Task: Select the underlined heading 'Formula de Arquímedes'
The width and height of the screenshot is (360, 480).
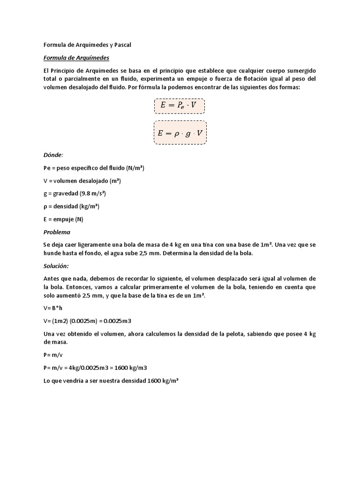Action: pyautogui.click(x=76, y=58)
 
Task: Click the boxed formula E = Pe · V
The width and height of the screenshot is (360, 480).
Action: pyautogui.click(x=179, y=105)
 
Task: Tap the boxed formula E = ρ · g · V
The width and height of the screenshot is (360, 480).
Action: pyautogui.click(x=180, y=133)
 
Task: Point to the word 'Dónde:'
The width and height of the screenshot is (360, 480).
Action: pyautogui.click(x=53, y=155)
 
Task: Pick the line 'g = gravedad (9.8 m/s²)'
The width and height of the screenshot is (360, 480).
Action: pyautogui.click(x=77, y=193)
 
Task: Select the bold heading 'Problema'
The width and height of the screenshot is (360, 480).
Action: pyautogui.click(x=57, y=232)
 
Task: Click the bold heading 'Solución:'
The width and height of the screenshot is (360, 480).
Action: pyautogui.click(x=56, y=266)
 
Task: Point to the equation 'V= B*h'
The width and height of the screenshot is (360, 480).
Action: pyautogui.click(x=53, y=308)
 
